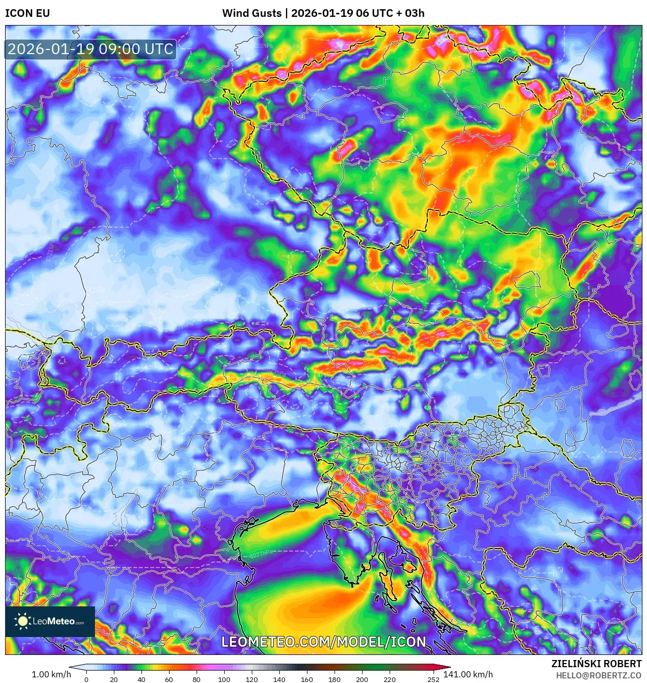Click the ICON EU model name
click(x=28, y=13)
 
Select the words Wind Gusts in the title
click(x=251, y=13)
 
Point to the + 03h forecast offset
click(x=411, y=13)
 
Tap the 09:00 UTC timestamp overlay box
click(x=90, y=49)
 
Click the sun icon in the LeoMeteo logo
click(x=22, y=621)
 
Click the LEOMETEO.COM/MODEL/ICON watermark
click(x=323, y=642)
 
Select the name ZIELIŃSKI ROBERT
click(x=596, y=664)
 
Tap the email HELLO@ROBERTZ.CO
click(x=598, y=675)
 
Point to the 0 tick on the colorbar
click(x=86, y=679)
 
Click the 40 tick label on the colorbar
click(x=141, y=679)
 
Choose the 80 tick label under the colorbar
click(x=197, y=679)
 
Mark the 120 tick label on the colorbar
click(x=252, y=679)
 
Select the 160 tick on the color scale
click(x=307, y=679)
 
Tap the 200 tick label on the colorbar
click(x=362, y=679)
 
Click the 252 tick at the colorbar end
click(x=434, y=679)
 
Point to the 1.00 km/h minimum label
click(x=51, y=674)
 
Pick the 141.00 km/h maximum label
click(x=468, y=674)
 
